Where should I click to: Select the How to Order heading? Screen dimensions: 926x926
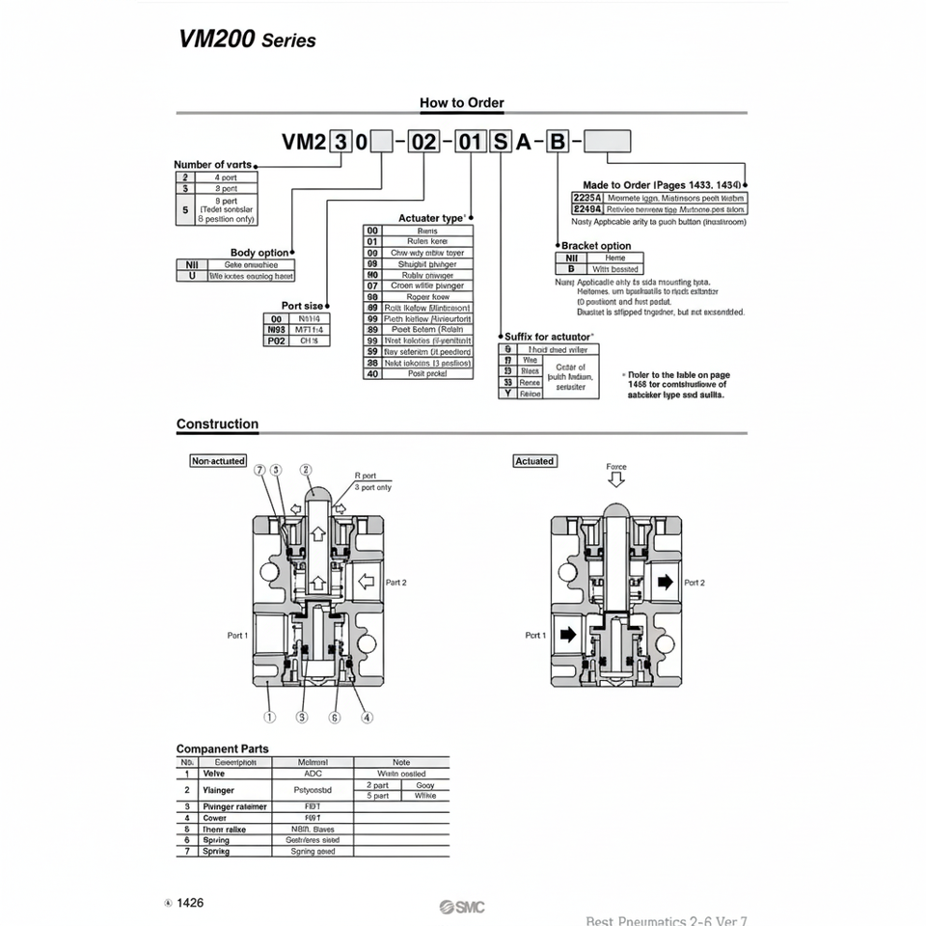pyautogui.click(x=461, y=102)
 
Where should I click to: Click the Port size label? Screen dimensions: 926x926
pyautogui.click(x=302, y=306)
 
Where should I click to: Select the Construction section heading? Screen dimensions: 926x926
pyautogui.click(x=217, y=423)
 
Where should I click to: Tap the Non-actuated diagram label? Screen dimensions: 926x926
pyautogui.click(x=218, y=461)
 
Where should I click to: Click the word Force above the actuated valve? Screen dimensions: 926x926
pyautogui.click(x=615, y=467)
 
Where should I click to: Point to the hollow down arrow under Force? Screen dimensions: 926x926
pyautogui.click(x=615, y=480)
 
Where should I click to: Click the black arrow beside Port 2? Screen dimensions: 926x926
pyautogui.click(x=664, y=582)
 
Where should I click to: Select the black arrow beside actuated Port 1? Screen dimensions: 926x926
pyautogui.click(x=567, y=635)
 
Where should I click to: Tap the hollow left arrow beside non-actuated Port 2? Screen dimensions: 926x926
pyautogui.click(x=366, y=582)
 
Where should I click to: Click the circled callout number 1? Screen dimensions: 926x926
pyautogui.click(x=270, y=717)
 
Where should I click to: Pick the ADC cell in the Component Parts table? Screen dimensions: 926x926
pyautogui.click(x=313, y=774)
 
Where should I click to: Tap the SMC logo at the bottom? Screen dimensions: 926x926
pyautogui.click(x=462, y=906)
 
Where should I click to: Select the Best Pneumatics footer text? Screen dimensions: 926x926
pyautogui.click(x=667, y=920)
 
